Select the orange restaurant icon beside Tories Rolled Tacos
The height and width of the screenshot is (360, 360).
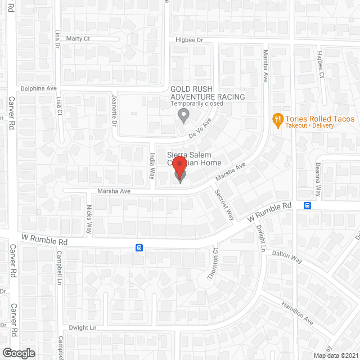[277, 119]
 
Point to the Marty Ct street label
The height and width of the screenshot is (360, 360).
[78, 39]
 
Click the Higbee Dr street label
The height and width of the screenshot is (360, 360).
[188, 39]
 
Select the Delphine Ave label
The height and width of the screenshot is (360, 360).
[39, 88]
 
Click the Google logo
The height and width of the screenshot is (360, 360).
[18, 353]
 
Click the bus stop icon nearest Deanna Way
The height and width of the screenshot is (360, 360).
[307, 206]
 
